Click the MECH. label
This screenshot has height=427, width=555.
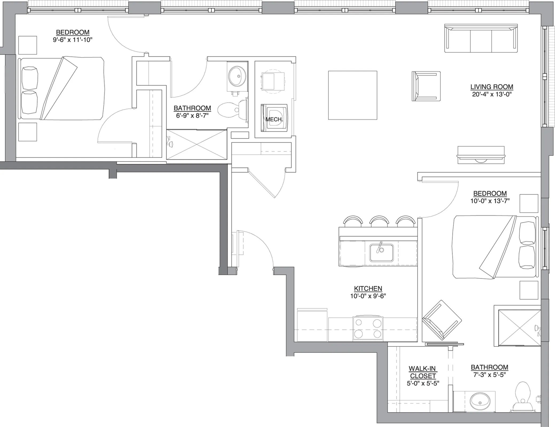(274, 119)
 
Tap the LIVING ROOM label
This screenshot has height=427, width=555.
(492, 87)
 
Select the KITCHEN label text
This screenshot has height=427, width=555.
(368, 288)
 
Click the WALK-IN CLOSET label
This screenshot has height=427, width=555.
(423, 372)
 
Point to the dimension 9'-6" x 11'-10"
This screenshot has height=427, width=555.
(73, 40)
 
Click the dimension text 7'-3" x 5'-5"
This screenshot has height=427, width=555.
(490, 375)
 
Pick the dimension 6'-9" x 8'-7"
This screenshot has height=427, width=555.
(192, 116)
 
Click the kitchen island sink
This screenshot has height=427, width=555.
(381, 253)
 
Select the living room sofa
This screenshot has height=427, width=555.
(481, 38)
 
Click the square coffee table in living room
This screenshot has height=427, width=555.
(353, 95)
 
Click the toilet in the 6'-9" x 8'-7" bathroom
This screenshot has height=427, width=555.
(233, 110)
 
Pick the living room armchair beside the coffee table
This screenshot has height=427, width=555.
(426, 86)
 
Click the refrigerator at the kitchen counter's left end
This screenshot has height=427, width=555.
(312, 325)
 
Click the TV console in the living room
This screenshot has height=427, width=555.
(481, 155)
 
